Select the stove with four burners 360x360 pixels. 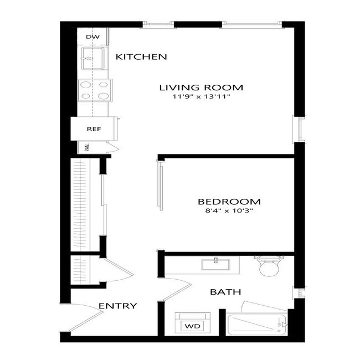95,90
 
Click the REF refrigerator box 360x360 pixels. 92,130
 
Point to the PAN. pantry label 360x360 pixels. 87,147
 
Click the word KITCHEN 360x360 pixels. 141,56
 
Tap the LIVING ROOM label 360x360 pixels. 201,88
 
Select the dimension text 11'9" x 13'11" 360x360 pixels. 201,97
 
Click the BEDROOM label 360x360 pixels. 229,202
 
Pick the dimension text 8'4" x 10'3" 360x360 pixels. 229,211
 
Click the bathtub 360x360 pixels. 256,323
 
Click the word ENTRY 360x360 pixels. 117,306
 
